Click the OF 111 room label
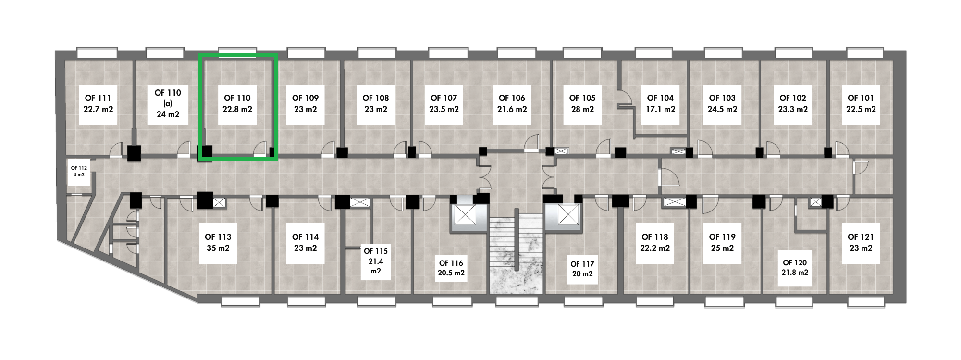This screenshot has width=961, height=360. [98, 103]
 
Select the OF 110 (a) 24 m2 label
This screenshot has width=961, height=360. [168, 103]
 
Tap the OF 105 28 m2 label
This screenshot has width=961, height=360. [582, 103]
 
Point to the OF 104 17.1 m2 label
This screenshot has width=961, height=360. [660, 103]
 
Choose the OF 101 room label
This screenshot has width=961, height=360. [861, 103]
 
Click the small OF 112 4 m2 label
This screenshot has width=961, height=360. [79, 171]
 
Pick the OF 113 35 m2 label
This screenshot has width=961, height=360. [218, 242]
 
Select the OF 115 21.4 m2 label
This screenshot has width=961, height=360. [375, 261]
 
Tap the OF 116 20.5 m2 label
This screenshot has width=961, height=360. [451, 268]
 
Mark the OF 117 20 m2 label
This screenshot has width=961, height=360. [582, 269]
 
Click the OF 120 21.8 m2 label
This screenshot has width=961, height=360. [795, 267]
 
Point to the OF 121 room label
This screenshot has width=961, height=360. [861, 242]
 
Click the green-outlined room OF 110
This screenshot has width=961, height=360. [238, 107]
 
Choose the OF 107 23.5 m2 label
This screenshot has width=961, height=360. [444, 103]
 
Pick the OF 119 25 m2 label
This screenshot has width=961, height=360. [722, 242]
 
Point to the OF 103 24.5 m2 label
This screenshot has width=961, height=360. [722, 103]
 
